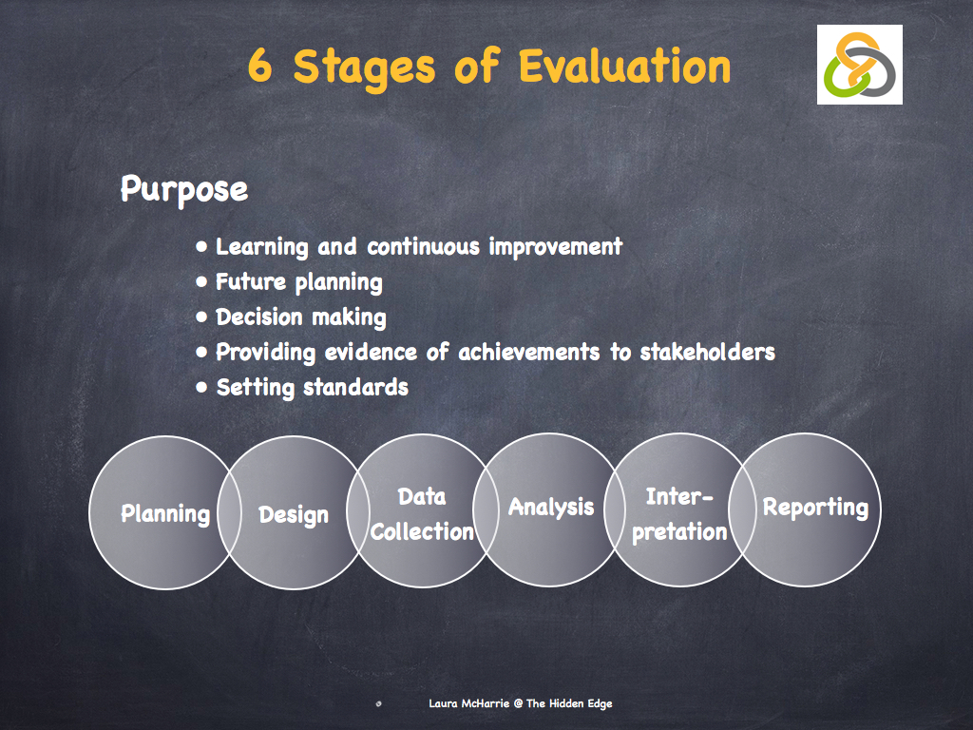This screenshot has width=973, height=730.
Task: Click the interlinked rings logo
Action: click(859, 65)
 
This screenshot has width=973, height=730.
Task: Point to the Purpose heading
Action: click(183, 188)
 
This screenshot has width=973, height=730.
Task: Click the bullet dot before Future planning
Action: click(201, 282)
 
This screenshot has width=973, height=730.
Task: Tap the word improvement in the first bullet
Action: click(556, 247)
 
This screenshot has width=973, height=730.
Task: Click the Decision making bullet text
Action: click(300, 317)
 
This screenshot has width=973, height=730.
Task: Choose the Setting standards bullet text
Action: click(312, 388)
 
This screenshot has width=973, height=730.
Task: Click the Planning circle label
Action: click(165, 514)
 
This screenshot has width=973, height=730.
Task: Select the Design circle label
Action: click(294, 515)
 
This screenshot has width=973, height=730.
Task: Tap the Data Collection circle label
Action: click(422, 514)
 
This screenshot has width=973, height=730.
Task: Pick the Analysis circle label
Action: click(551, 508)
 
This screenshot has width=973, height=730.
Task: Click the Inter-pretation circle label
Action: click(678, 514)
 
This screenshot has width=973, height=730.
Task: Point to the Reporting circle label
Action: click(815, 508)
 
